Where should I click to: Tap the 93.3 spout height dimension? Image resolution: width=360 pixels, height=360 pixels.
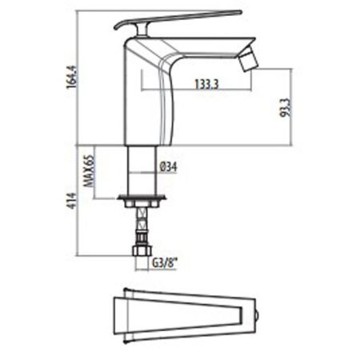tap(286, 106)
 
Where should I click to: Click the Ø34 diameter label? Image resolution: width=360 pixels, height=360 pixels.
tap(168, 167)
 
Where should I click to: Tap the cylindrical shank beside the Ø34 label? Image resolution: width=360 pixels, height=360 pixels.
tap(142, 166)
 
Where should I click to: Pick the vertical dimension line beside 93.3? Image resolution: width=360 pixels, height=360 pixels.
tap(279, 106)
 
